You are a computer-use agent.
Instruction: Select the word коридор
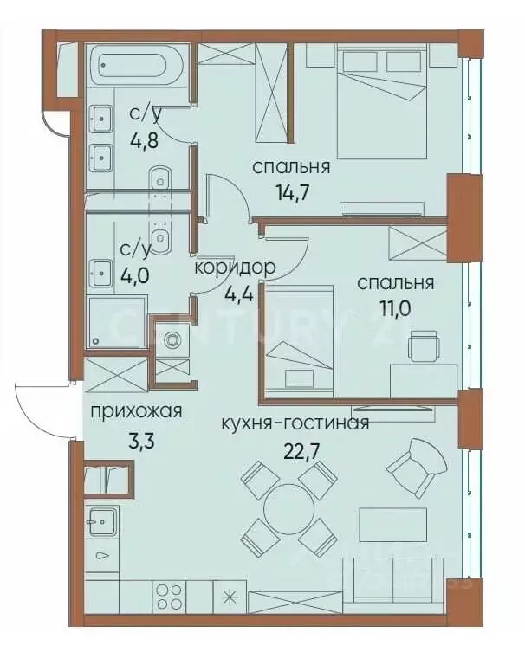point(235,268)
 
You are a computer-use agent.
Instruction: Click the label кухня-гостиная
point(295,423)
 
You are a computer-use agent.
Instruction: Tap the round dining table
point(288,508)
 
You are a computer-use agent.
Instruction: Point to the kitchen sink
point(103,522)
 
